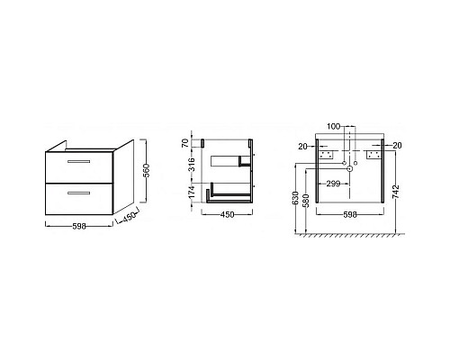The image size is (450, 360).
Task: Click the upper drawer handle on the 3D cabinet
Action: (x=77, y=161)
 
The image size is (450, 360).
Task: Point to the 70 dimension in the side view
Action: (x=187, y=143)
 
